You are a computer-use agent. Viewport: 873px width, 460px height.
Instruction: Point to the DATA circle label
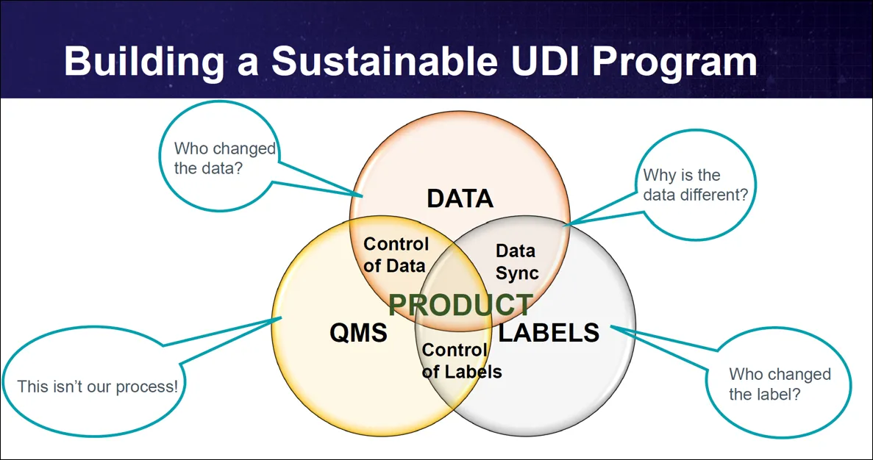coord(460,198)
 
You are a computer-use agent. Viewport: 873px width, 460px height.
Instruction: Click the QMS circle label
coord(358,333)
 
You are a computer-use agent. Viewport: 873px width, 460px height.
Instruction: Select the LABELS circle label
coord(549,333)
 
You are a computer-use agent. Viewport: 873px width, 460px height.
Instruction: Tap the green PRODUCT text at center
coord(460,304)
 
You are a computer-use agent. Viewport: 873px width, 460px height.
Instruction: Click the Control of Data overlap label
coord(396,255)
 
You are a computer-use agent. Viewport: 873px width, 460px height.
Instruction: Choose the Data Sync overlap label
coord(516,262)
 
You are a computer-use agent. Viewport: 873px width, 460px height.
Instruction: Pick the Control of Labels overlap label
coord(461,362)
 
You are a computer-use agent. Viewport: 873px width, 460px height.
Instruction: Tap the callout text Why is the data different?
coord(695,185)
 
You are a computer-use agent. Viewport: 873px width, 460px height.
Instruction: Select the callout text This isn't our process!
coord(98,386)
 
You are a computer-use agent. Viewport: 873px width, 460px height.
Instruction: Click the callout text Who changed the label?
coord(780,384)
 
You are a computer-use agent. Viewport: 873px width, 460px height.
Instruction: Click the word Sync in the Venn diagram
coord(516,273)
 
